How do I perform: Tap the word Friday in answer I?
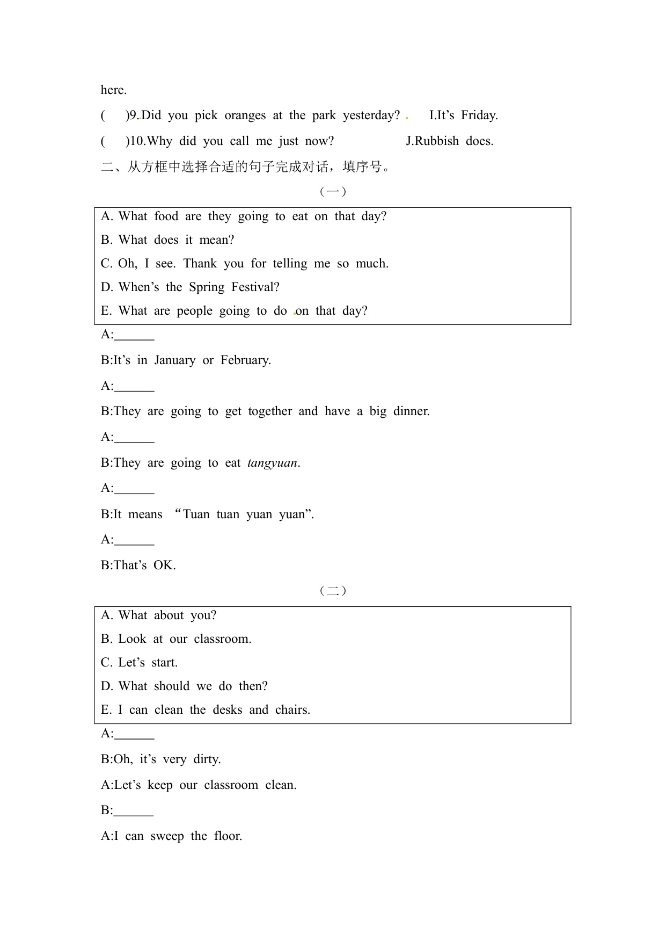479,115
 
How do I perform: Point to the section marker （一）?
333,191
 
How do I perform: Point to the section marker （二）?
333,591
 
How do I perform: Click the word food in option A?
166,216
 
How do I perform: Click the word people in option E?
194,311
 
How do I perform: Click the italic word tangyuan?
272,463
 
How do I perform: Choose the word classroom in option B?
222,639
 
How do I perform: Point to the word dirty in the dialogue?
207,759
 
